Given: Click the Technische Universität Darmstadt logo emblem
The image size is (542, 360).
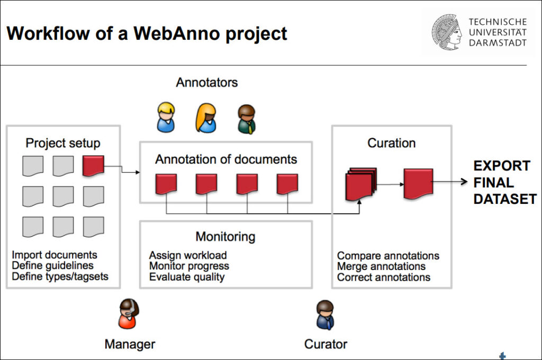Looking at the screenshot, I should (x=446, y=32).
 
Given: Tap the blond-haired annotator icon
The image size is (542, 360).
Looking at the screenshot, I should (x=166, y=118).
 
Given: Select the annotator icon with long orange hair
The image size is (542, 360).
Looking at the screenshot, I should (x=206, y=118).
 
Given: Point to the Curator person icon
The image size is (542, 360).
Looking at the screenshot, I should (x=325, y=315).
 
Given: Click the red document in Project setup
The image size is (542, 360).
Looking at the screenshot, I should (x=93, y=166).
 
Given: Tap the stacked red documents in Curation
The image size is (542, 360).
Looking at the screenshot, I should (x=360, y=184).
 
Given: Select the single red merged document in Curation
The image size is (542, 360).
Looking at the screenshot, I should (x=418, y=183).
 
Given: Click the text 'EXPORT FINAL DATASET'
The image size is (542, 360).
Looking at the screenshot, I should (x=504, y=182).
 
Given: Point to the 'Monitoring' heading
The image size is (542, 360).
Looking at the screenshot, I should (x=225, y=236).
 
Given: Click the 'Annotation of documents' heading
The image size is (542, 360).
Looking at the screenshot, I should (x=226, y=159).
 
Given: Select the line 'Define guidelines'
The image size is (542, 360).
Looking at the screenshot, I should (x=52, y=266).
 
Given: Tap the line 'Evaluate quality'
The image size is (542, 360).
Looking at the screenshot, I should (x=186, y=277).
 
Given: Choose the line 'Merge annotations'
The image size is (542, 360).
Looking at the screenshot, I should (x=381, y=266).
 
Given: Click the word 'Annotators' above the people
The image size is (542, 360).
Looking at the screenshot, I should (x=207, y=83).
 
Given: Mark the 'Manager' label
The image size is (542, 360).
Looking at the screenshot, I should (x=130, y=344).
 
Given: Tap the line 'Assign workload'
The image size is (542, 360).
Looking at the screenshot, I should (x=187, y=255).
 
